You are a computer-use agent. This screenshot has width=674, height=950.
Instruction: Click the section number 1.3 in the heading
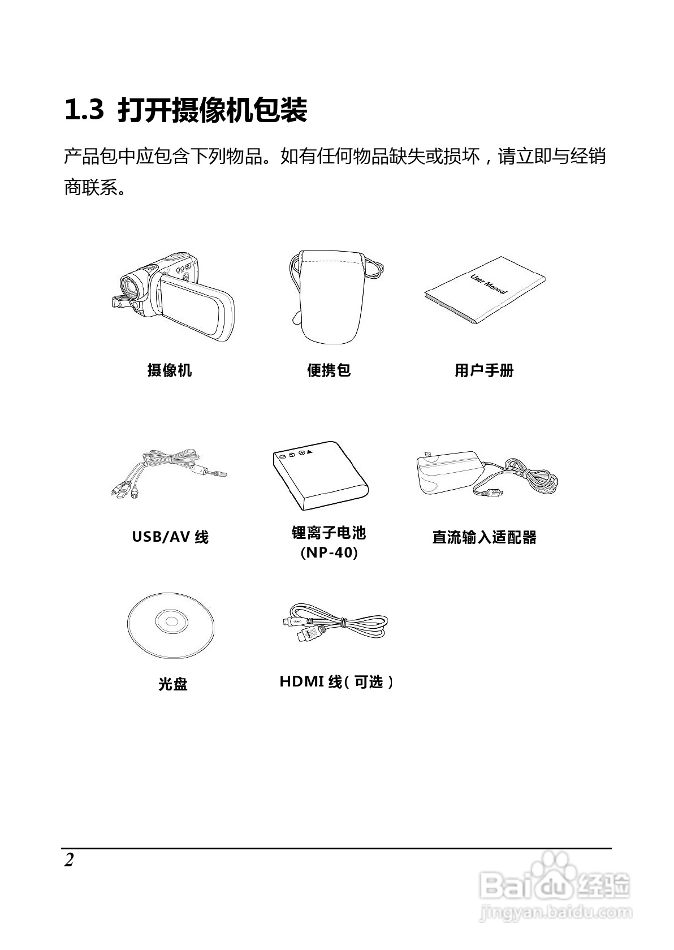pyautogui.click(x=84, y=110)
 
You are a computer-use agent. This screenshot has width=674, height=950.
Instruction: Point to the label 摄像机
pyautogui.click(x=170, y=370)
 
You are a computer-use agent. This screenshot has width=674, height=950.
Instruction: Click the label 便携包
pyautogui.click(x=329, y=370)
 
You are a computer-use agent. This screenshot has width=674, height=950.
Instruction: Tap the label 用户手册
pyautogui.click(x=484, y=370)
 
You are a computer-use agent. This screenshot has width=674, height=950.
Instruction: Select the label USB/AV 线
pyautogui.click(x=170, y=537)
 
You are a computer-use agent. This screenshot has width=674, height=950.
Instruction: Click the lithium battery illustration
pyautogui.click(x=320, y=476)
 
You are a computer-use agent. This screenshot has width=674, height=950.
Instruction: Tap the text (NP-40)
pyautogui.click(x=329, y=552)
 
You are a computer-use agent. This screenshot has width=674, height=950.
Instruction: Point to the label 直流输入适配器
pyautogui.click(x=484, y=537)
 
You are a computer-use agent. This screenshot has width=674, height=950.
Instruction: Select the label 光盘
pyautogui.click(x=172, y=684)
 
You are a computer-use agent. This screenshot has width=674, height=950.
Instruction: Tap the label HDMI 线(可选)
pyautogui.click(x=336, y=682)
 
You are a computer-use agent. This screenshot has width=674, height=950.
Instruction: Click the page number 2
pyautogui.click(x=69, y=860)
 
